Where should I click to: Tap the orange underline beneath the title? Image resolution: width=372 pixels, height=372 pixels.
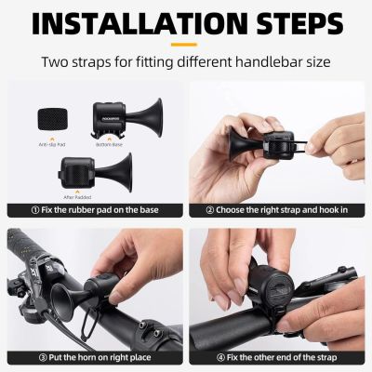point(185,43)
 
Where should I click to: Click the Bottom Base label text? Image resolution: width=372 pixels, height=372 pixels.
point(108,144)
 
